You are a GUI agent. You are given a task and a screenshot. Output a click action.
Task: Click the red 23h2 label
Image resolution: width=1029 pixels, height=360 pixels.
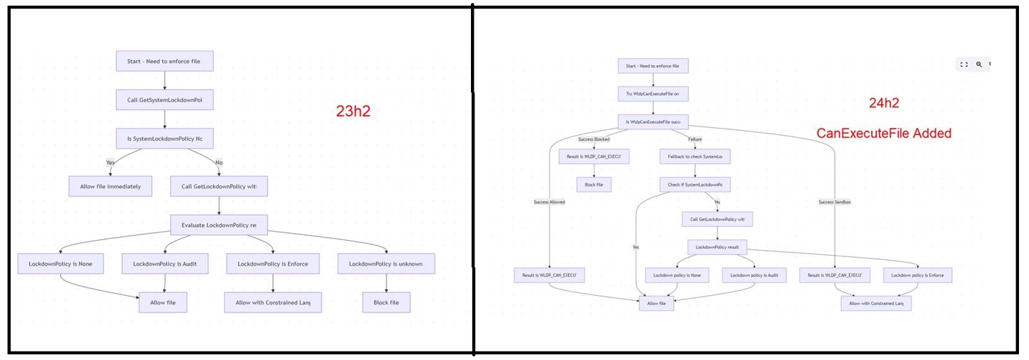coord(353,111)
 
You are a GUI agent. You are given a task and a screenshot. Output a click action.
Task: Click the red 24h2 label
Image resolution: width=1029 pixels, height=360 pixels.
coord(883,104)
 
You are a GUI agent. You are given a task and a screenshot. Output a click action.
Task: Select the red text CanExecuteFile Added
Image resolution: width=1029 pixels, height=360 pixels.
coord(884,133)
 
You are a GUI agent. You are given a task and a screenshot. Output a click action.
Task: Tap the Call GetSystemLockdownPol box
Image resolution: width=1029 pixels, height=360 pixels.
coord(164,100)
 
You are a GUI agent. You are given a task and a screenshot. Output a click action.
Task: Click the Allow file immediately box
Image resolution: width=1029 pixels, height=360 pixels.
coord(110,186)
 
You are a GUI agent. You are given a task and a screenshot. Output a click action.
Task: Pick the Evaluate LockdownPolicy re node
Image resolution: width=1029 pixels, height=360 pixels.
coord(219,225)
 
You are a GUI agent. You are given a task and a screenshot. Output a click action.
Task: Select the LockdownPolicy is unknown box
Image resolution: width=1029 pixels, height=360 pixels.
coord(386,264)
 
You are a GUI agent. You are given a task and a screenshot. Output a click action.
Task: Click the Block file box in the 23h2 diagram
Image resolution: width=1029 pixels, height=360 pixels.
coord(386,302)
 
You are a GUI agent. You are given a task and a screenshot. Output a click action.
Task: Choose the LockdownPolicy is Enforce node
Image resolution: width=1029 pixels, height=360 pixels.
coord(273,264)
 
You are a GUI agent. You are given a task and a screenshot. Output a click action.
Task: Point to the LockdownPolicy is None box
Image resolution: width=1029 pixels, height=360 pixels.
coord(60,264)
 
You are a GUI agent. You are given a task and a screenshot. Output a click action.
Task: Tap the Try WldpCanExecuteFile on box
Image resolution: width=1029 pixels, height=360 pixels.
coord(652,94)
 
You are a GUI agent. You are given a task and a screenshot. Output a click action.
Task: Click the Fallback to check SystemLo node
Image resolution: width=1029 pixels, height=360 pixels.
coord(695,156)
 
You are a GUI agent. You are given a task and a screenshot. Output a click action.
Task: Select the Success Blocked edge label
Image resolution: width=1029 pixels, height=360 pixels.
coord(594,139)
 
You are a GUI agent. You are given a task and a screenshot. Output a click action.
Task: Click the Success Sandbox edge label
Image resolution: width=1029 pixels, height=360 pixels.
coord(835,202)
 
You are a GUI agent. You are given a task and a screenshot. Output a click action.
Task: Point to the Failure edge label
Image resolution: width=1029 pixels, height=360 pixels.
coord(695,139)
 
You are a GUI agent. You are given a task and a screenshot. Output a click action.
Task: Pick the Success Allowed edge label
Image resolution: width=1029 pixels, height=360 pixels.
coord(549,202)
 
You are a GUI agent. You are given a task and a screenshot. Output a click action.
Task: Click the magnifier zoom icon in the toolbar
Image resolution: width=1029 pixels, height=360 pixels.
coord(979,64)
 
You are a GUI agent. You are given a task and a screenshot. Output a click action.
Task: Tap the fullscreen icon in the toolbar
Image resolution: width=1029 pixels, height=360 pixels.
coord(964,64)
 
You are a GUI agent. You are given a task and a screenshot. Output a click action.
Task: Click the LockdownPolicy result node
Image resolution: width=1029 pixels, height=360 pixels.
coord(717,247)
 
